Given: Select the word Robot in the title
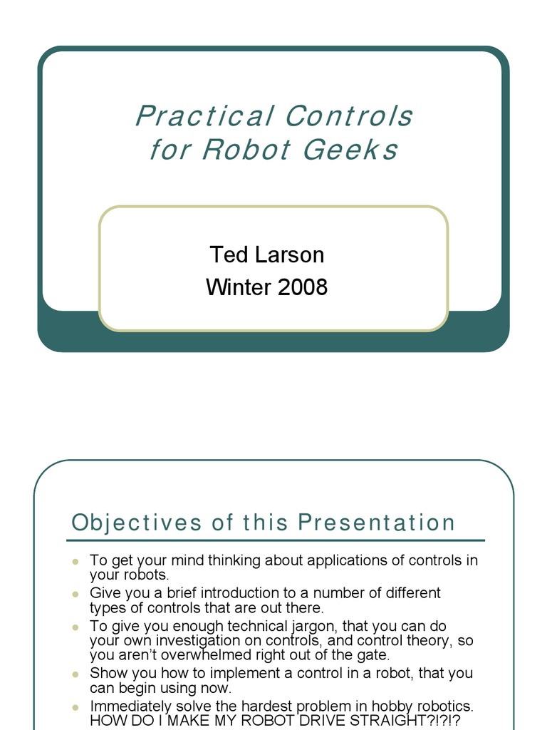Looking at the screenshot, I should point(246,150).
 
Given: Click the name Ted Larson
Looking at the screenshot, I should point(266,255).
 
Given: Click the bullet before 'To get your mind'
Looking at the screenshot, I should point(75,561).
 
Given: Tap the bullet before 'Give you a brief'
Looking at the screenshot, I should point(75,594).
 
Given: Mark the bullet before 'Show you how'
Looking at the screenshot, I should point(75,674).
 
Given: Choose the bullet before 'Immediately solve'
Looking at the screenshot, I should point(75,706).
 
